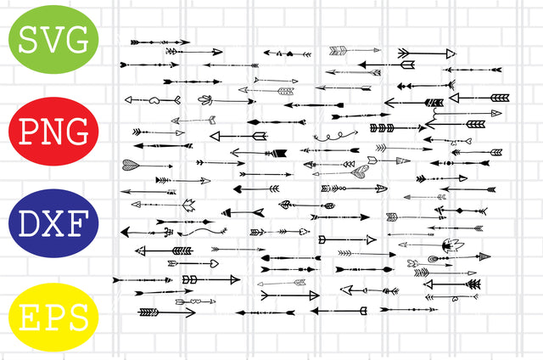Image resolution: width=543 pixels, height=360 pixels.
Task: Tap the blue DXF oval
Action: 53,226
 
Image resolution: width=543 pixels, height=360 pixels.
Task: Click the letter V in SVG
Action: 53,41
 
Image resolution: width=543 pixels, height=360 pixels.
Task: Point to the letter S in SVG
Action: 29,41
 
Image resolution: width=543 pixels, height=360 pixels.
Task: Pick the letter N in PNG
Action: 53,132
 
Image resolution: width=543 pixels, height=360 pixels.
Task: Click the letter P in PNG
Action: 28,132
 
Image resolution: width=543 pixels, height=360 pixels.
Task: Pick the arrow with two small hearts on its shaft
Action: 192,301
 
